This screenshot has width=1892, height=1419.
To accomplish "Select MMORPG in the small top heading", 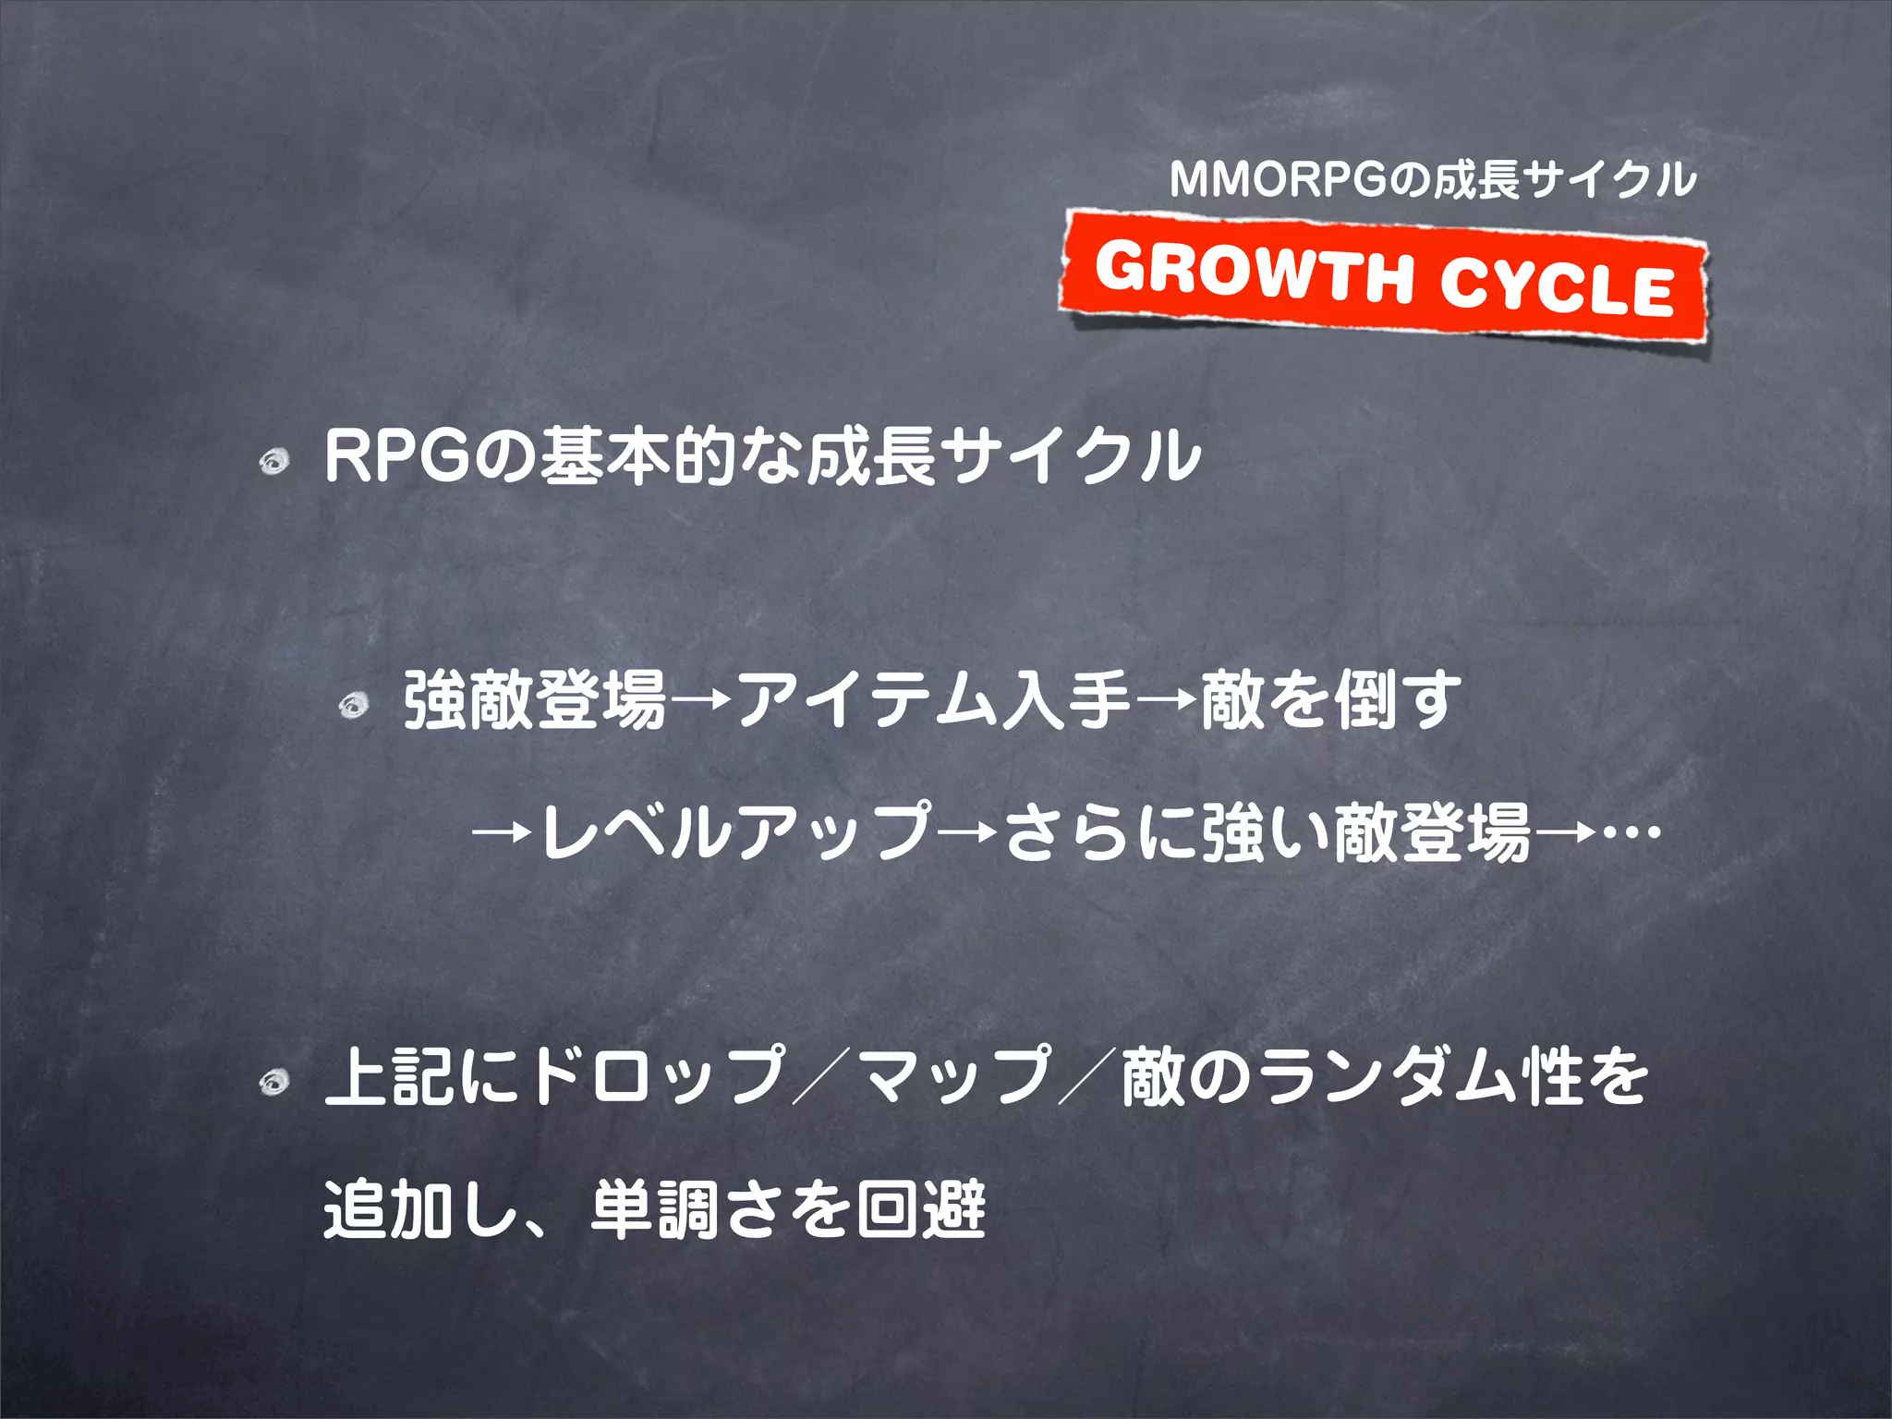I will [x=1279, y=180].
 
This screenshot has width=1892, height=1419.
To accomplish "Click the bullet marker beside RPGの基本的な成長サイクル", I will [x=274, y=461].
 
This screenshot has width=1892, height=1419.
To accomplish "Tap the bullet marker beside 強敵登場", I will [x=354, y=707].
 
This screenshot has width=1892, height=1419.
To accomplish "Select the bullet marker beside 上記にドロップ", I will [x=274, y=1081].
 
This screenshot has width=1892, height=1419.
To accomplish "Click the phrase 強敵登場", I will [x=535, y=700].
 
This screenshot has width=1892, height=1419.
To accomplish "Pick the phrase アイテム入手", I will [x=934, y=700].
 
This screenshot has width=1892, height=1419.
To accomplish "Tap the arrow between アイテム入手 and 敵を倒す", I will [x=1167, y=702].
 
